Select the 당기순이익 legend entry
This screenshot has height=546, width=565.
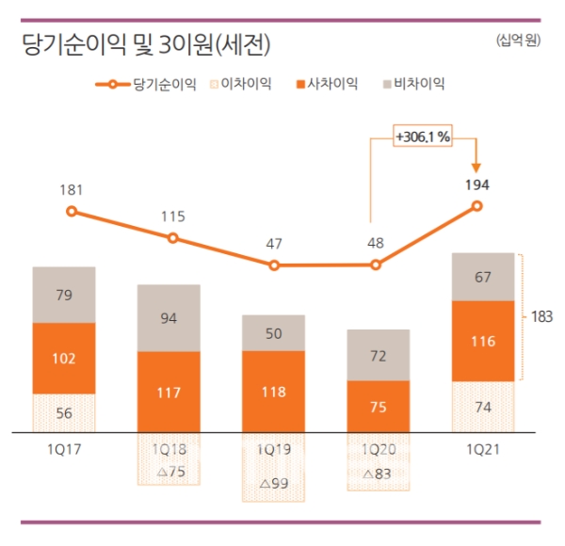point(147,85)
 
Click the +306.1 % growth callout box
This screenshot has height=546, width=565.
point(424,136)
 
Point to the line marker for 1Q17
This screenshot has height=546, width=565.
point(72,211)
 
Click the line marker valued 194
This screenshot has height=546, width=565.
point(477,206)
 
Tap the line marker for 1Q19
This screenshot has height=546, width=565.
point(274,265)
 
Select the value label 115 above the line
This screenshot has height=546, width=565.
point(173,217)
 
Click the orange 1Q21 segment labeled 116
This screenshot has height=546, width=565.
point(484,341)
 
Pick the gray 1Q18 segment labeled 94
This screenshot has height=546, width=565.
point(170,317)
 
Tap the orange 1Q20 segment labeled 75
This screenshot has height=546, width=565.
point(379,407)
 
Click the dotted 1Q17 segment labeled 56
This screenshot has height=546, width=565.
point(64,413)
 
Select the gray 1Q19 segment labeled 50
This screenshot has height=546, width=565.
point(274,333)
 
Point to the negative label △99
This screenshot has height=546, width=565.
point(274,484)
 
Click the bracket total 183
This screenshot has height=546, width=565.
point(542,317)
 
